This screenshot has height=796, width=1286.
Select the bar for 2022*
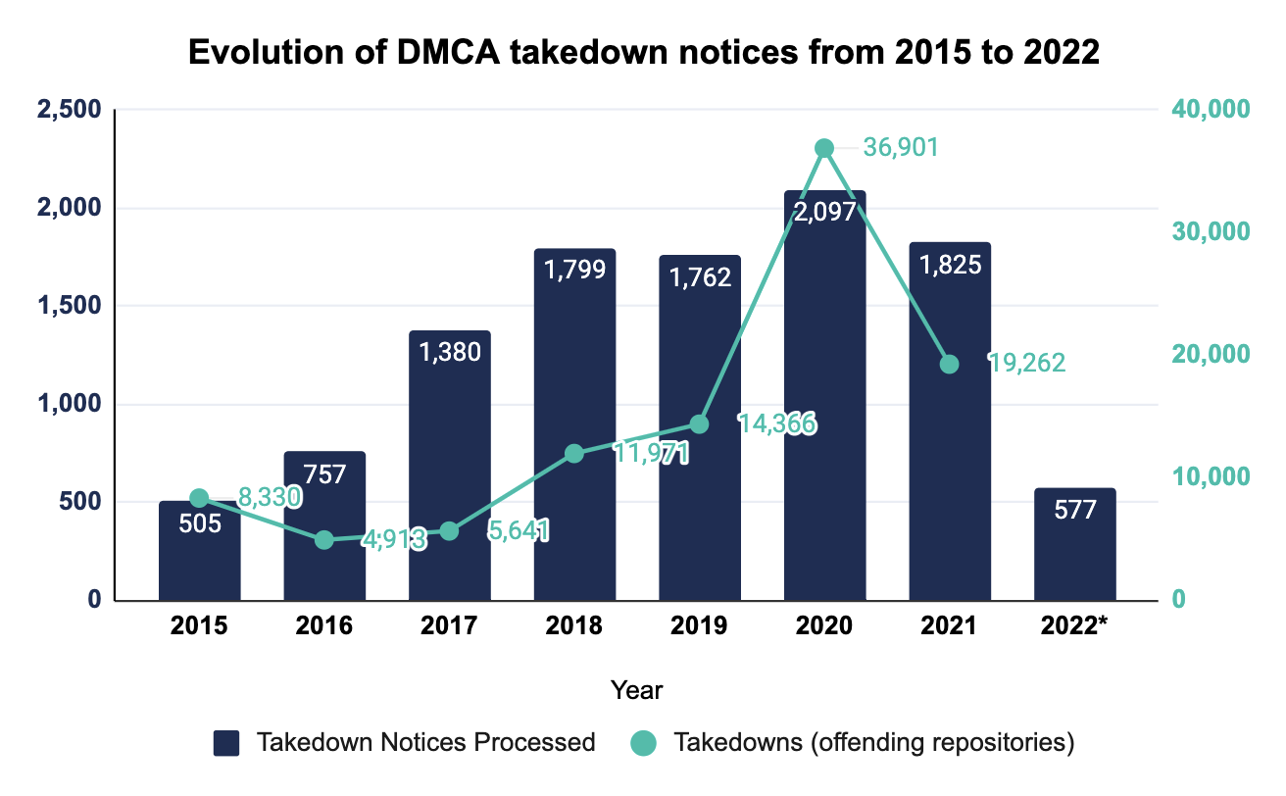pyautogui.click(x=1074, y=549)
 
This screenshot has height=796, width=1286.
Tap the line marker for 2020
pyautogui.click(x=824, y=148)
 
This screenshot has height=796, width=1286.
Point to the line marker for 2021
pyautogui.click(x=949, y=364)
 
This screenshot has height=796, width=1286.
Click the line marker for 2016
pyautogui.click(x=324, y=540)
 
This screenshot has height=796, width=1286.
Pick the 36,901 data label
pyautogui.click(x=901, y=148)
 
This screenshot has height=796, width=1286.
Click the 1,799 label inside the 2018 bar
pyautogui.click(x=574, y=269)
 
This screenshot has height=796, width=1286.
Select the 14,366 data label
pyautogui.click(x=777, y=424)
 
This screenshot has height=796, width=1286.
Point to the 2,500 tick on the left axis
pyautogui.click(x=69, y=110)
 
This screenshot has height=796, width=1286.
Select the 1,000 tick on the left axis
pyautogui.click(x=69, y=404)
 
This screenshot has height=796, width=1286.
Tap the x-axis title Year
pyautogui.click(x=636, y=689)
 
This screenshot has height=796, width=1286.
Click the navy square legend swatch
pyautogui.click(x=227, y=742)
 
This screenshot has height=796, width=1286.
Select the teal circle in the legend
pyautogui.click(x=643, y=742)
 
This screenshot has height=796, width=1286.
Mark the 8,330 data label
pyautogui.click(x=268, y=497)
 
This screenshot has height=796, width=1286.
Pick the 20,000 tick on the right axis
pyautogui.click(x=1212, y=354)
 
